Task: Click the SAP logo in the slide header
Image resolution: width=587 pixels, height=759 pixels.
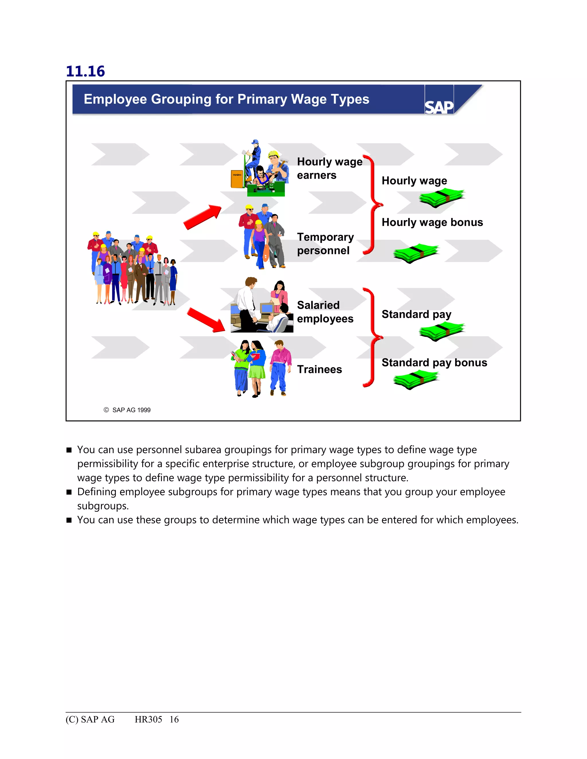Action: pos(439,107)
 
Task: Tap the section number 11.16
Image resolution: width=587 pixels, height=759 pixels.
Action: pos(85,71)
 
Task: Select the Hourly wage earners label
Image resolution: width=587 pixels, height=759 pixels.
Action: pos(329,168)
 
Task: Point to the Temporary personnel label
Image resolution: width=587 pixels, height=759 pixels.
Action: pos(325,244)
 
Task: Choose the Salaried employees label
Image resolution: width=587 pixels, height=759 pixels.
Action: pos(325,312)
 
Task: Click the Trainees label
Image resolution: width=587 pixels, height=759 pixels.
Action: pos(319,369)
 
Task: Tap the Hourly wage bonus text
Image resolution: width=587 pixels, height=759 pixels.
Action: pos(432,223)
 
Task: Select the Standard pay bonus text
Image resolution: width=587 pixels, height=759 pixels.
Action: pos(434,363)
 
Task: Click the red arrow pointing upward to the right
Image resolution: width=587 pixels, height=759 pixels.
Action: pos(203,217)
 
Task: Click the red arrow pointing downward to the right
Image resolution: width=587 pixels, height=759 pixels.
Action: pos(206,320)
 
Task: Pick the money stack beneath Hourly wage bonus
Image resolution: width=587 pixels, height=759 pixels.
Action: pos(416,253)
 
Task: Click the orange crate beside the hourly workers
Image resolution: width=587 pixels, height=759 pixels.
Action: pos(237,178)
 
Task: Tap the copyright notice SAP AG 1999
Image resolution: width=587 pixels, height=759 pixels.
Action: pos(127,410)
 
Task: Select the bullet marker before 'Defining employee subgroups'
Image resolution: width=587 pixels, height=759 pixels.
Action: pos(69,492)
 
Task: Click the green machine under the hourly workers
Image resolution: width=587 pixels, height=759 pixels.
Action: pos(266,188)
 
